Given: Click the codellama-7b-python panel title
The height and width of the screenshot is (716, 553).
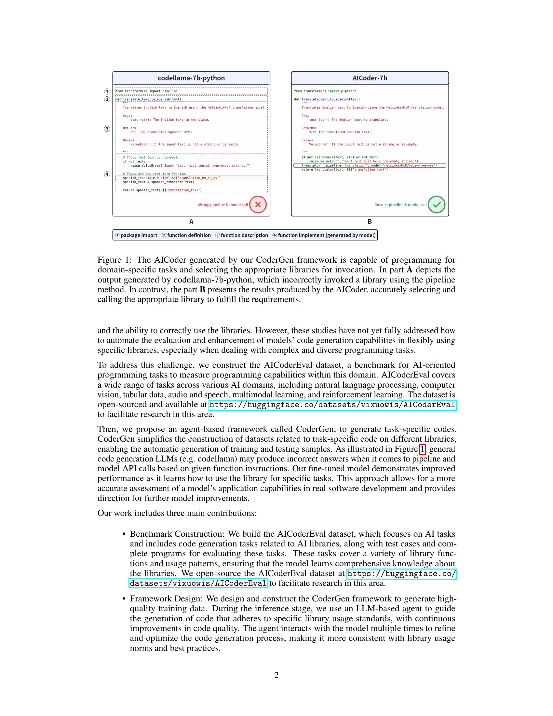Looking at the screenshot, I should (191, 78).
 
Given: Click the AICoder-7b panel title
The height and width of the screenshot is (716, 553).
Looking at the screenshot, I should (370, 78).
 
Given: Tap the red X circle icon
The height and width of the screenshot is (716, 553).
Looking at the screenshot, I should (258, 205).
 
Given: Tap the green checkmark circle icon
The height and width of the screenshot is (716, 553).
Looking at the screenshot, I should (436, 205).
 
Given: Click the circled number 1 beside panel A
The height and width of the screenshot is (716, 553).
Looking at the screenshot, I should (107, 91).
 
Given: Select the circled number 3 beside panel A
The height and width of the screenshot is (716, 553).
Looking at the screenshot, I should (107, 129).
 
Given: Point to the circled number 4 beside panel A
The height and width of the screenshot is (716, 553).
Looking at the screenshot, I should (107, 174).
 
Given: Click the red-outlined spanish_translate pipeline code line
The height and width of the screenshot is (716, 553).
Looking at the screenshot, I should (191, 178).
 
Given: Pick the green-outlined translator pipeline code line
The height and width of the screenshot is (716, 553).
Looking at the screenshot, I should (369, 166).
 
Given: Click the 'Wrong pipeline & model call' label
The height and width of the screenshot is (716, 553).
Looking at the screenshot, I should (223, 205).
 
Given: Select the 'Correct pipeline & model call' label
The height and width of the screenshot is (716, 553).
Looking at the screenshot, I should (400, 205).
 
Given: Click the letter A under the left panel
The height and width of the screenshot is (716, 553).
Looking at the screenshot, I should (191, 222).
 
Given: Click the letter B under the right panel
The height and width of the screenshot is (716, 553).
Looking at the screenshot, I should (370, 222).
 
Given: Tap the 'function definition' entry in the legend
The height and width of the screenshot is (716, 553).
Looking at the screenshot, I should (186, 235).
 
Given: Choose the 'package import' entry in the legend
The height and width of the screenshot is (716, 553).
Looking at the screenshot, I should (136, 235).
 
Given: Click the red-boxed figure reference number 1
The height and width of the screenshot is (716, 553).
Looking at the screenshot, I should (422, 449).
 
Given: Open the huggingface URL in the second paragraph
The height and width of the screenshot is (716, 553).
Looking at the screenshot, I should (332, 405).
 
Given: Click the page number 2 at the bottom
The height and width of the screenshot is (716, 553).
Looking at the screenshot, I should (276, 675).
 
